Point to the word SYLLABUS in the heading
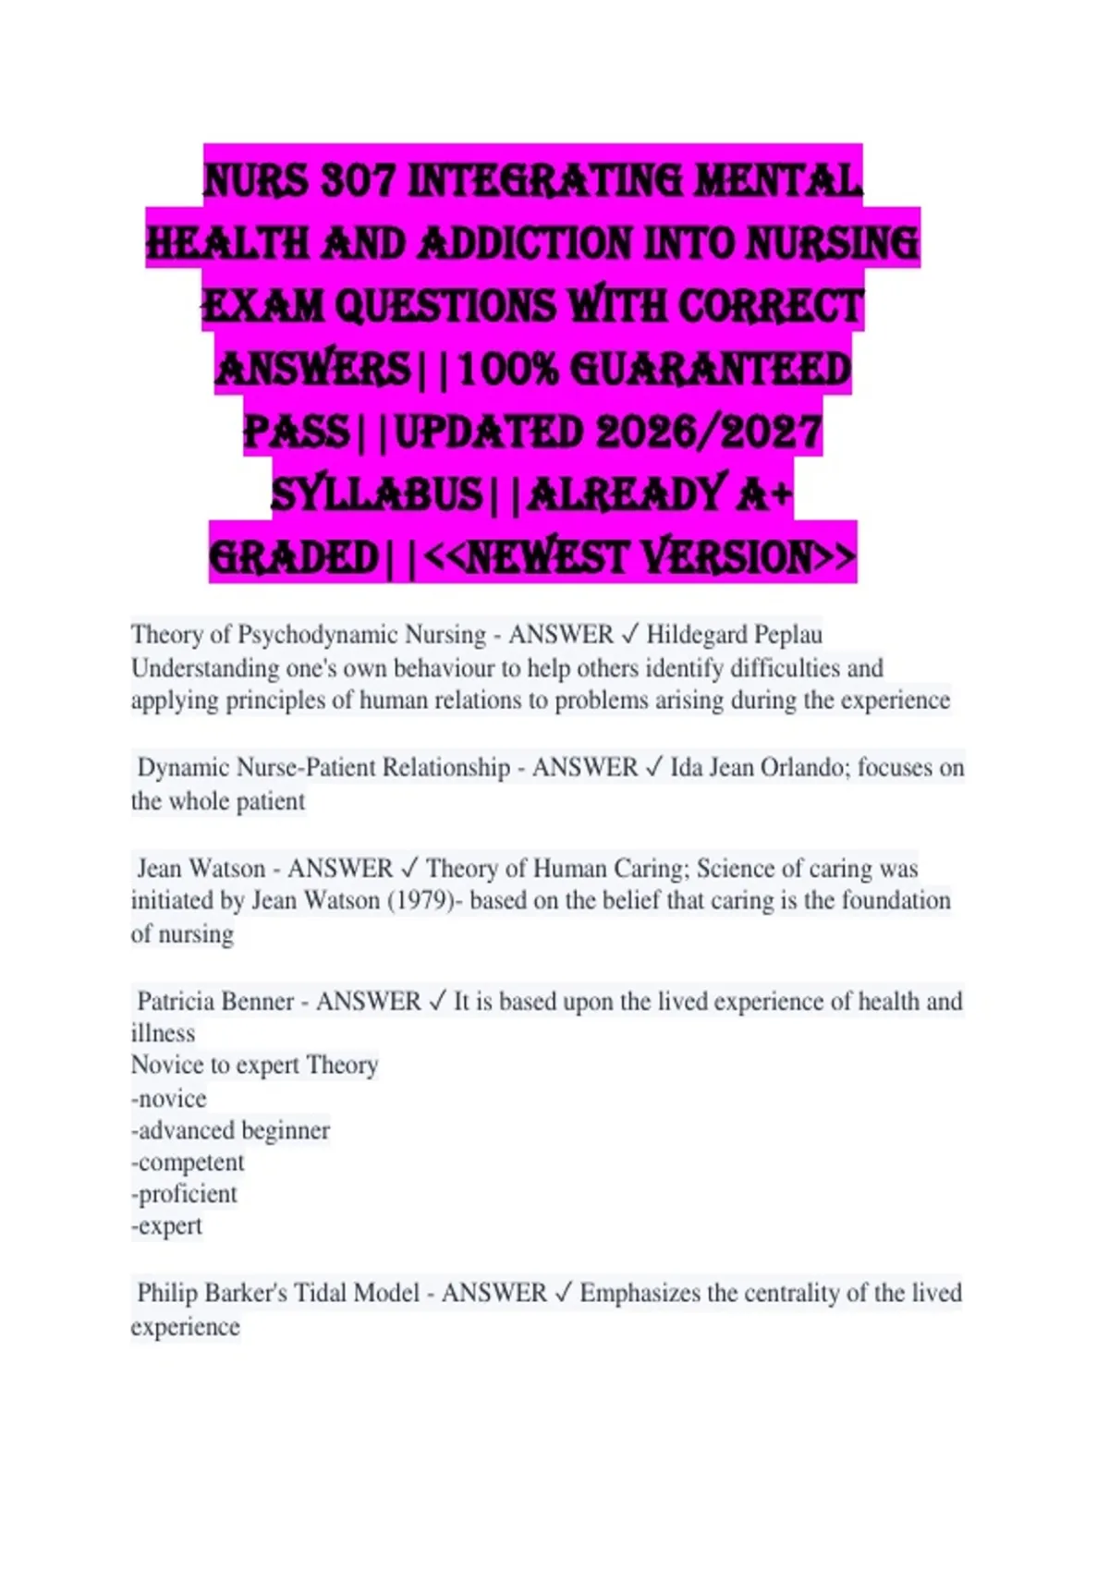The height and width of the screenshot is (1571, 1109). [x=376, y=494]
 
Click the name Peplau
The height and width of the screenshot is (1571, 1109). [x=788, y=635]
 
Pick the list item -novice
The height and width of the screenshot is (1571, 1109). [x=169, y=1099]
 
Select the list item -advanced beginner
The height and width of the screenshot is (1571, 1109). [x=230, y=1131]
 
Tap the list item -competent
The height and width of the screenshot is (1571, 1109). [x=188, y=1163]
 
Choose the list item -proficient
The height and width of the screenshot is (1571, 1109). [x=184, y=1194]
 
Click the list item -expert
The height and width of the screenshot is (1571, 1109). [x=166, y=1226]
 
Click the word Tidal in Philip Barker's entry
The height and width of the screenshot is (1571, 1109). [x=314, y=1293]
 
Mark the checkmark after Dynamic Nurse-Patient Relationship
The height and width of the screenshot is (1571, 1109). [x=653, y=768]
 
